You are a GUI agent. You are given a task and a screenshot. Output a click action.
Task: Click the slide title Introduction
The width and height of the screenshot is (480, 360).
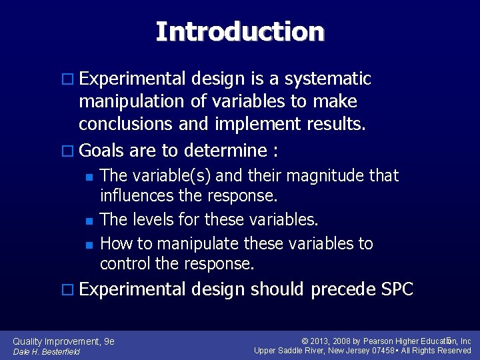(240, 31)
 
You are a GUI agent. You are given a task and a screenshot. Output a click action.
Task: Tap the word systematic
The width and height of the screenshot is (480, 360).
(327, 79)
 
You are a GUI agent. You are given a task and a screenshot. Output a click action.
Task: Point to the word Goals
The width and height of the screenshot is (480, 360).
(101, 150)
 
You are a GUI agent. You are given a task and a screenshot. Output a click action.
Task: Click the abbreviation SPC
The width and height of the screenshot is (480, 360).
(397, 289)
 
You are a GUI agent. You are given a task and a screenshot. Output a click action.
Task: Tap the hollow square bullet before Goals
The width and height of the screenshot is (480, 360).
(69, 151)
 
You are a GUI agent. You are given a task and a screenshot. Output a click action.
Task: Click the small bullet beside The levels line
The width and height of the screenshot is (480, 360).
(89, 220)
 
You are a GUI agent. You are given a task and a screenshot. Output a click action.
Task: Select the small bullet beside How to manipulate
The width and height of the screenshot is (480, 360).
(89, 244)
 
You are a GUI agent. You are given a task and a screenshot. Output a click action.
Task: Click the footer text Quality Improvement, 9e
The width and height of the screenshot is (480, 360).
(64, 341)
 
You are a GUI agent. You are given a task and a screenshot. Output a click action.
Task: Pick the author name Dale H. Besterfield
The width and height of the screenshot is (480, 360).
(47, 352)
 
